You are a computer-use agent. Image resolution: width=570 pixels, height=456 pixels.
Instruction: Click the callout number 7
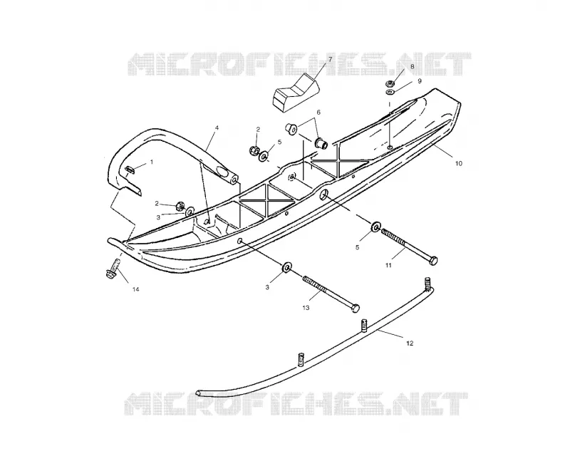[330, 58]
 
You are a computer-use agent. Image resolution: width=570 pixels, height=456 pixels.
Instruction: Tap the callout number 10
[458, 164]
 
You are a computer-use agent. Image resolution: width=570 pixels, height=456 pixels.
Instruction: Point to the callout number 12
[410, 343]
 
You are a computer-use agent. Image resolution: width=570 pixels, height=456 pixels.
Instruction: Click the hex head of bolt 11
[433, 260]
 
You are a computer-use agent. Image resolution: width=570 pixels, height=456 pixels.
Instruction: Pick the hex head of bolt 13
[355, 308]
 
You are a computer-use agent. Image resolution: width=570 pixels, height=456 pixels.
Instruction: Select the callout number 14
[135, 289]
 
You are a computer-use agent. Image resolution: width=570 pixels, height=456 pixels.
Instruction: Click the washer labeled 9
[390, 92]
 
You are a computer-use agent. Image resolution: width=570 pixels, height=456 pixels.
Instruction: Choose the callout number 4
[217, 128]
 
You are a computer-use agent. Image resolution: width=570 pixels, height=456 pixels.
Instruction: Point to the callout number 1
[152, 162]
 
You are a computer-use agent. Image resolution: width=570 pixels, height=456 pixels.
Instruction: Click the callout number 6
[318, 113]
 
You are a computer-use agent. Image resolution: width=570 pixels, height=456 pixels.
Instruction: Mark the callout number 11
[388, 266]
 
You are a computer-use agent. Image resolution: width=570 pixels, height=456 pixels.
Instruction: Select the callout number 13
[306, 308]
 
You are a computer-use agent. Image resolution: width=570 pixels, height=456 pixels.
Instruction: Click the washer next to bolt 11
[375, 226]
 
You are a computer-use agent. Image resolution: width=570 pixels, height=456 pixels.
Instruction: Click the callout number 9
[420, 81]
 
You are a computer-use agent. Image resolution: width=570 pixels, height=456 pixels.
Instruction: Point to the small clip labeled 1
[130, 169]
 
